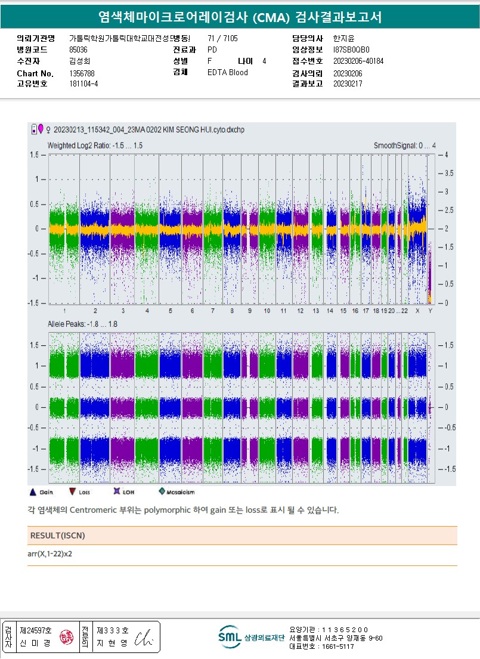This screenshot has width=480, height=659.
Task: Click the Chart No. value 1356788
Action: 82,73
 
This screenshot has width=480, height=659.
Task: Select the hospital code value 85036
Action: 78,50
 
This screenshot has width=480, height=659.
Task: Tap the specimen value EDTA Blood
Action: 227,73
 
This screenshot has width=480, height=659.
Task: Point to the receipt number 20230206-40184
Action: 358,61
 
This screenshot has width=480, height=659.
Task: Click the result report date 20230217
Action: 348,84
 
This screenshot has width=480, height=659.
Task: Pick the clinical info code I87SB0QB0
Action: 351,50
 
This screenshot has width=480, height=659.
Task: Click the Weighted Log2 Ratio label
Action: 95,146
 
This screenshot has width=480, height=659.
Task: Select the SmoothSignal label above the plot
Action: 404,146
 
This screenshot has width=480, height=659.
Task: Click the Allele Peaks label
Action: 82,324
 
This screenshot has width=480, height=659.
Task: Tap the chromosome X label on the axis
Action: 417,311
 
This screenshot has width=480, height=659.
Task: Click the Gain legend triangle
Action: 33,492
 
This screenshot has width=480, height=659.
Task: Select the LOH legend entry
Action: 126,492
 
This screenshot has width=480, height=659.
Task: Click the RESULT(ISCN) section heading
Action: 57,536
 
